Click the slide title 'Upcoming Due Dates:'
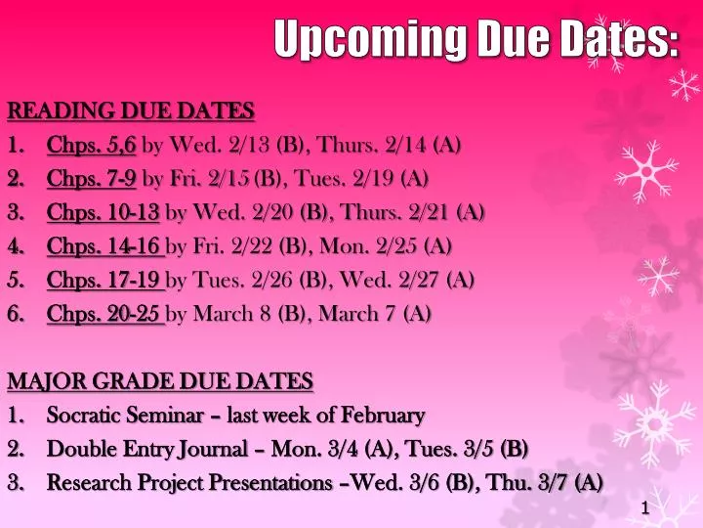click(476, 41)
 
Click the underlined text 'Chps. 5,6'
click(92, 147)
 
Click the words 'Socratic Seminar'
click(116, 416)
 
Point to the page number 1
click(646, 507)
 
